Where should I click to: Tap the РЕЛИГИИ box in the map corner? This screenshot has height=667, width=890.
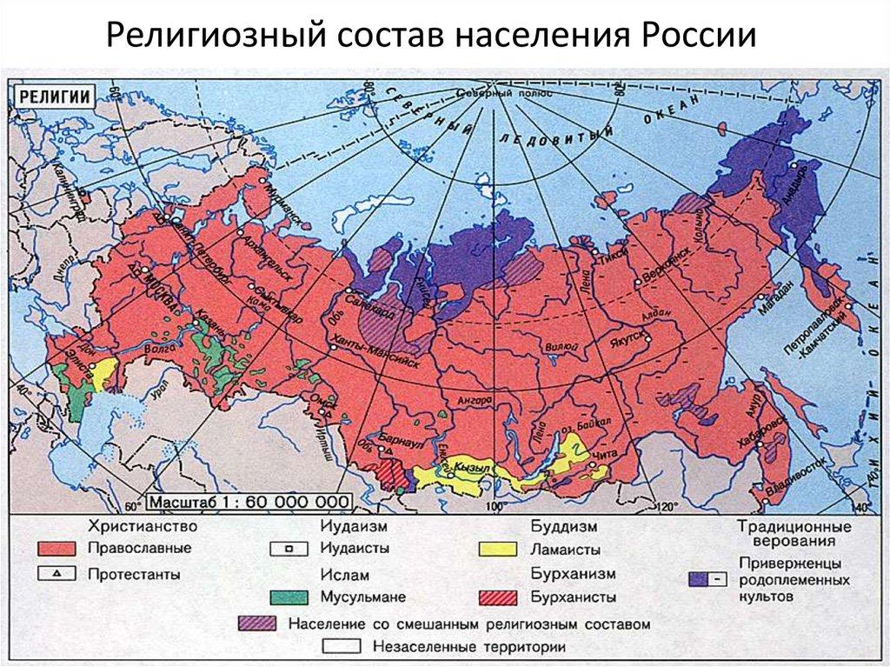[56, 97]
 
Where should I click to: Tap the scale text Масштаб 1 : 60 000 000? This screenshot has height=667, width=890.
[249, 503]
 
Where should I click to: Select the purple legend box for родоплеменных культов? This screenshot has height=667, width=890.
[708, 577]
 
